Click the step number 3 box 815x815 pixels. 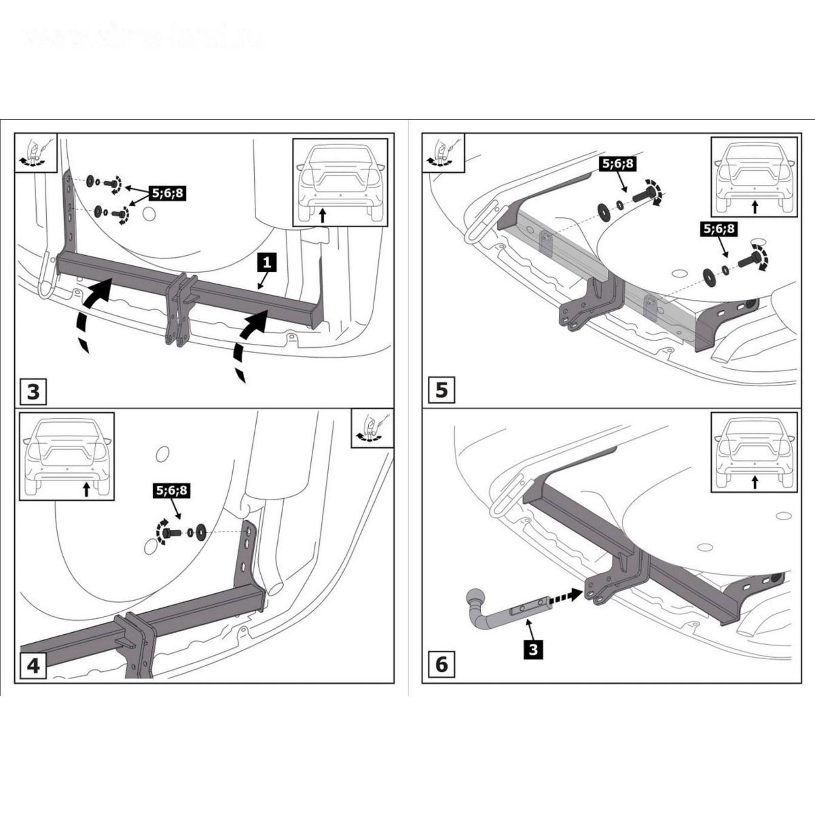pos(33,392)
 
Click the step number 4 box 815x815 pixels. pos(33,665)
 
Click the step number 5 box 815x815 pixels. pos(441,390)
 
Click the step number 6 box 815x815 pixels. pos(441,664)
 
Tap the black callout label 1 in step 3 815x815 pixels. pos(267,264)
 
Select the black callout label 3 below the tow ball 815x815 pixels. pos(533,649)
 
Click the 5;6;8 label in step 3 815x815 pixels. pos(168,194)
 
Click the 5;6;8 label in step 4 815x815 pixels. pos(172,491)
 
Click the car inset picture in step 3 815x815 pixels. pos(340,182)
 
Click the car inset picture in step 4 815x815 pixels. pos(67,456)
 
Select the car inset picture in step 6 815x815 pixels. pos(754,452)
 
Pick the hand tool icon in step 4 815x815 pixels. pos(372,428)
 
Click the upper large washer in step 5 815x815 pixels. pos(605,211)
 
